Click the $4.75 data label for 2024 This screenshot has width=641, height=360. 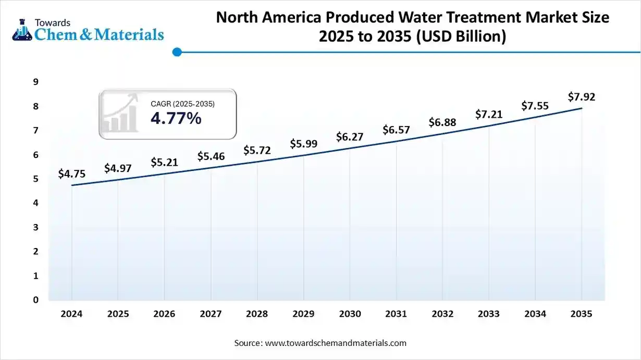point(71,173)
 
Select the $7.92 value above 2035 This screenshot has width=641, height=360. point(582,96)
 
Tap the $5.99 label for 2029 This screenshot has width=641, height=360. point(303,143)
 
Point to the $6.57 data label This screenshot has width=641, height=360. point(396,129)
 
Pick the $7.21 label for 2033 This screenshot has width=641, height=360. point(489,114)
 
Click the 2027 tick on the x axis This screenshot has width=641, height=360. point(211,314)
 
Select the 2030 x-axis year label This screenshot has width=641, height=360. point(350,314)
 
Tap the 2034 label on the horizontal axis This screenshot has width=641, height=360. point(535,314)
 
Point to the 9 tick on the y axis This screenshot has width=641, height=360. point(36,82)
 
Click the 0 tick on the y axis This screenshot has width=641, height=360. point(36,300)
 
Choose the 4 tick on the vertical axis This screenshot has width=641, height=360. point(36,203)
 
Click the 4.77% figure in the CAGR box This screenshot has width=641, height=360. point(176,119)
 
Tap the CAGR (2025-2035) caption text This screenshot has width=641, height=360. point(182,104)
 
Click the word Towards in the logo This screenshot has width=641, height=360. point(52,22)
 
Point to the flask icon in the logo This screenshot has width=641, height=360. point(21,30)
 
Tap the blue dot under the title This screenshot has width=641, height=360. point(177,52)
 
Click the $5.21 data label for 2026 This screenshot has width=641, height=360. point(164,162)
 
